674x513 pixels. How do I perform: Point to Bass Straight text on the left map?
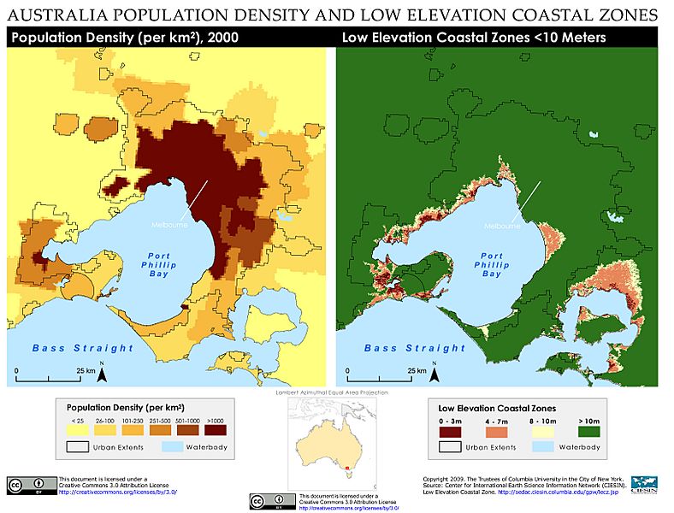(x=83, y=348)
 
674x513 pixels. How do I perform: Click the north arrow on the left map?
(x=102, y=373)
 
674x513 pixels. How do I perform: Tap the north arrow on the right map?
(x=434, y=373)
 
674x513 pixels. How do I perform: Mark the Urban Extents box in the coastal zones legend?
(x=461, y=445)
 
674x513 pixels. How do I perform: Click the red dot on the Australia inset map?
(x=347, y=468)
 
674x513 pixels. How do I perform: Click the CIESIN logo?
(x=643, y=484)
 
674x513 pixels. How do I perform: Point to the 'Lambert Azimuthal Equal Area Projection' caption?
(x=337, y=392)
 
